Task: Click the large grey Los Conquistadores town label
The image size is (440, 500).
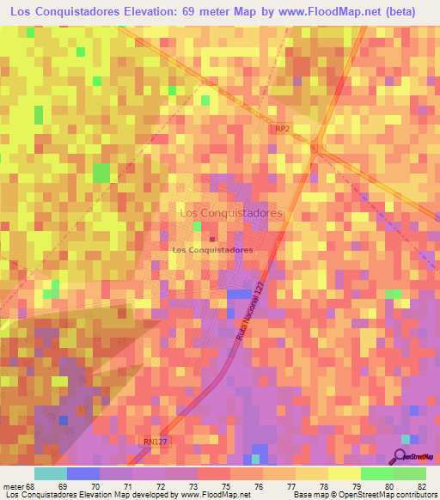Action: [229, 211]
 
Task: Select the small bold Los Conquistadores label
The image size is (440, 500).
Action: [212, 250]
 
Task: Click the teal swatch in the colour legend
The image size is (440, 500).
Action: [50, 473]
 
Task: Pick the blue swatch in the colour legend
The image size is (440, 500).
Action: [82, 473]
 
